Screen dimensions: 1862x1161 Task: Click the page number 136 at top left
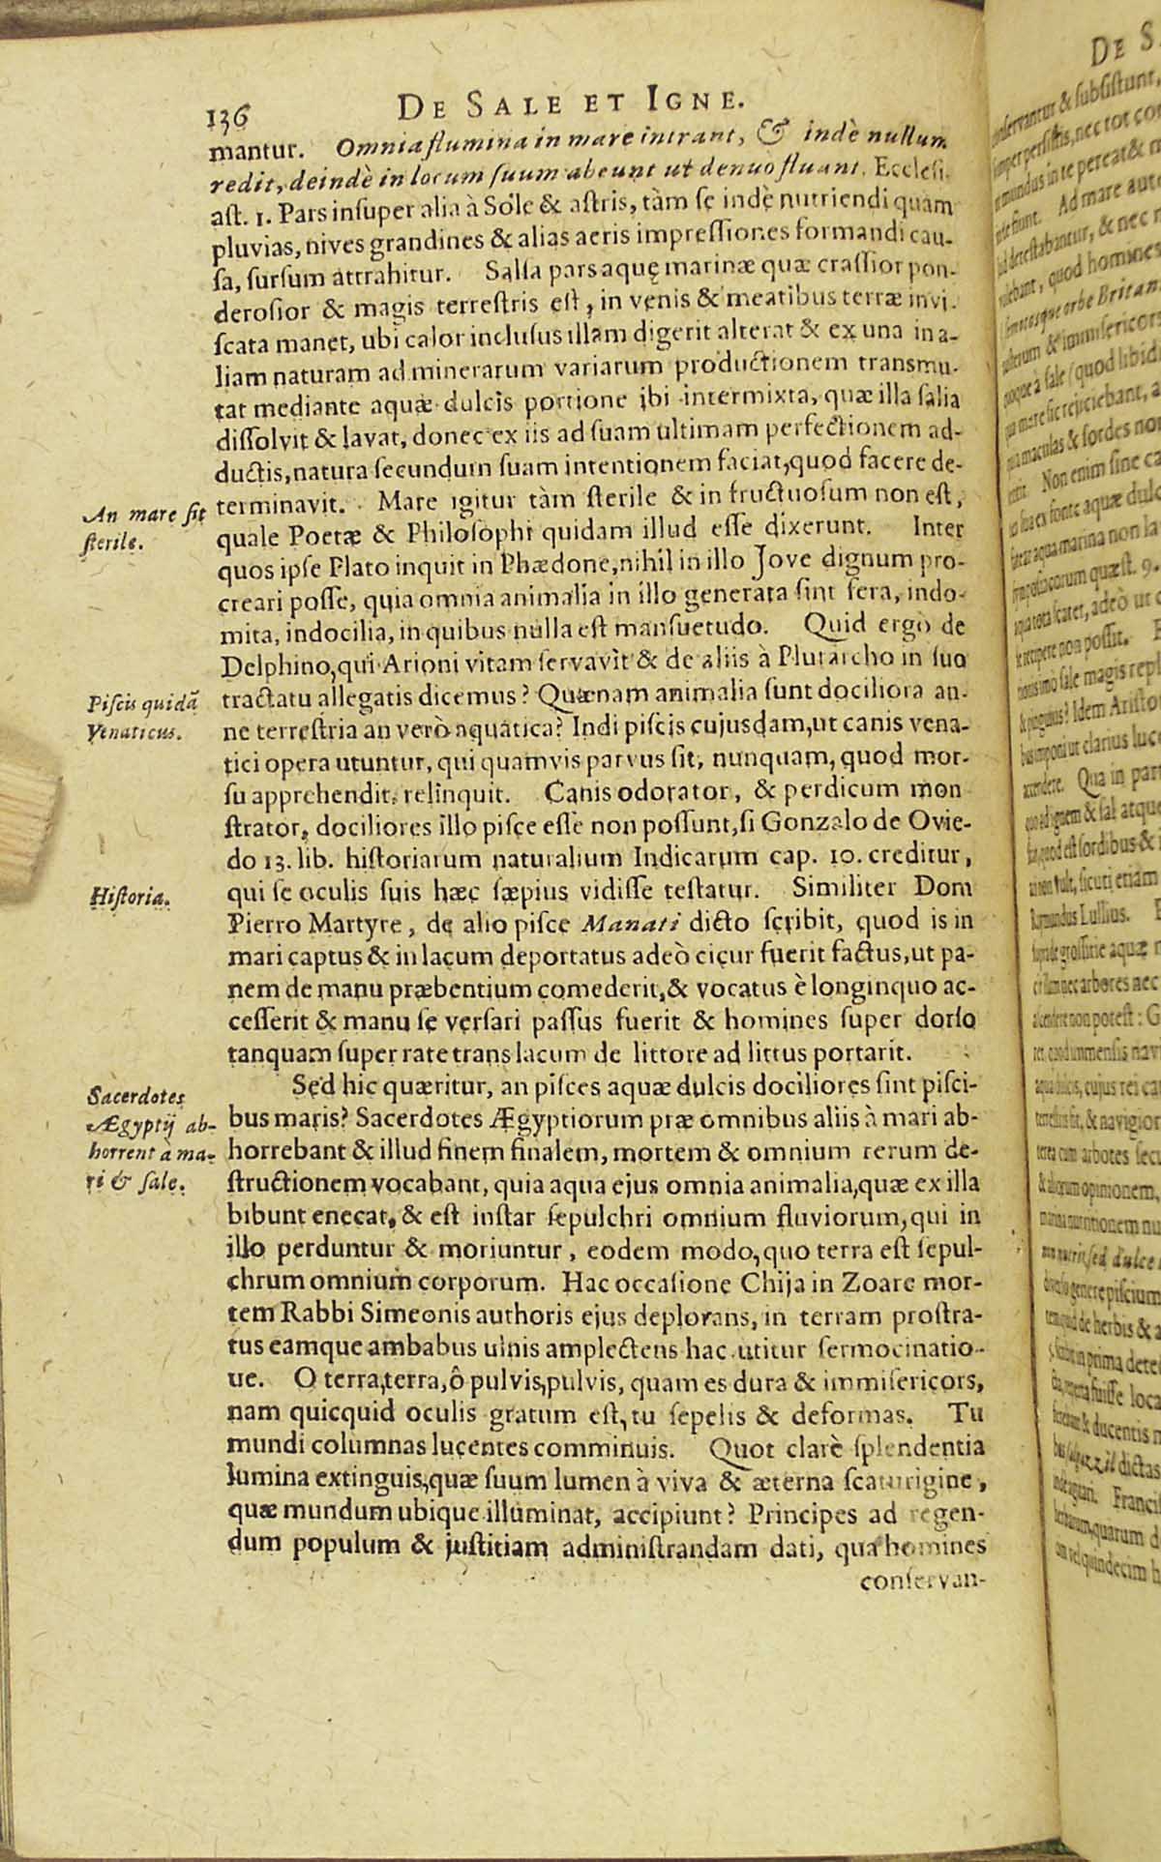[x=228, y=119]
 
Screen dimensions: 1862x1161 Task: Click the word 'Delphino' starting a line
[x=260, y=668]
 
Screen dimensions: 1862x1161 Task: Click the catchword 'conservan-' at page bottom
[x=920, y=1583]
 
